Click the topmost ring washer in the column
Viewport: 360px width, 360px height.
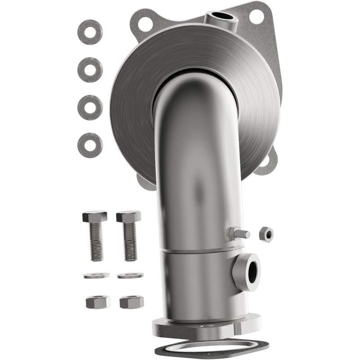coord(90,32)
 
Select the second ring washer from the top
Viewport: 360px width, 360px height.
coord(90,70)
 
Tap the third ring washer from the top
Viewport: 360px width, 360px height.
coord(90,108)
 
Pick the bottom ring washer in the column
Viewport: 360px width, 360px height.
coord(90,145)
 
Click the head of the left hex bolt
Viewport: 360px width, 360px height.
coord(94,216)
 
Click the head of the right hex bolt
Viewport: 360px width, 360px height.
coord(129,216)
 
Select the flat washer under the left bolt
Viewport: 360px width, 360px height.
coord(96,275)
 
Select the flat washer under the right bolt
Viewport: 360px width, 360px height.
coord(130,275)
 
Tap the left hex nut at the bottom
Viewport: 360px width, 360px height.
coord(98,301)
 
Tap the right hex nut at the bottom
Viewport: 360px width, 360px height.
coord(132,301)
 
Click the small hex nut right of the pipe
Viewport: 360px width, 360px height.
coord(266,234)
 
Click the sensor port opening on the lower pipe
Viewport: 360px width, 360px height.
coord(251,271)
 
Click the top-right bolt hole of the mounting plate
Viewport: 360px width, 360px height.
coord(256,17)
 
